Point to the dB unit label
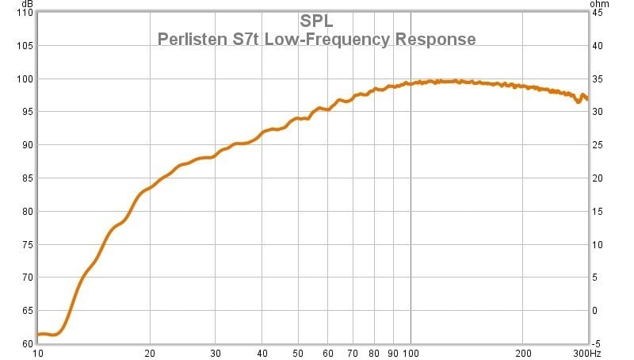click(27, 4)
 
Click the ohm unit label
click(599, 4)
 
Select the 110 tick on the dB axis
click(25, 13)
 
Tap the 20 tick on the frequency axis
click(150, 353)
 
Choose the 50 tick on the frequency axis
click(298, 353)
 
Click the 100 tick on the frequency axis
click(411, 353)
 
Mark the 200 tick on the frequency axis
click(523, 353)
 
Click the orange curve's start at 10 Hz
click(39, 334)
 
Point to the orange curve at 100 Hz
click(411, 82)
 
